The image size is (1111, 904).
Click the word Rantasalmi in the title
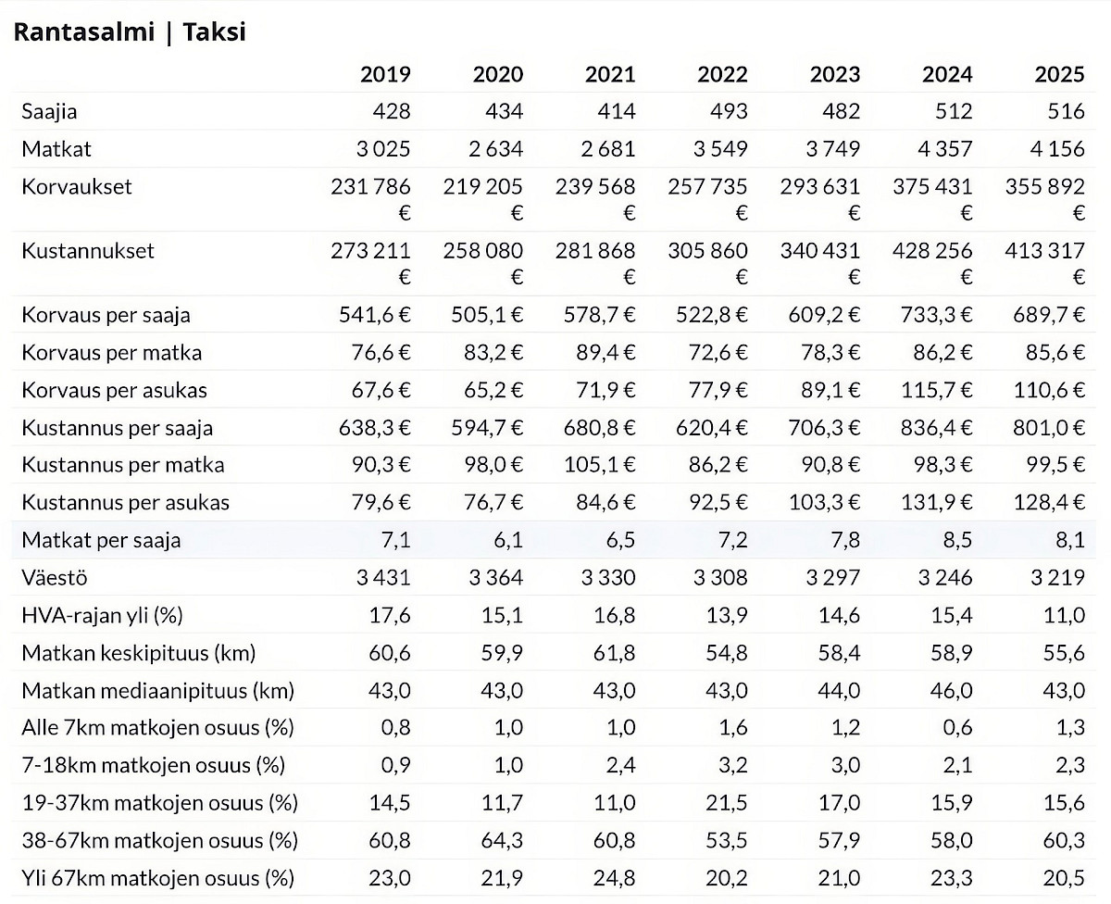(84, 31)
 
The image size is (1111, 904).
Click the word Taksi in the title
(215, 31)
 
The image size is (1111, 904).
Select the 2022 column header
(722, 74)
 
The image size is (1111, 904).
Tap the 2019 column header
(385, 74)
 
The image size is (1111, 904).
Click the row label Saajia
(50, 112)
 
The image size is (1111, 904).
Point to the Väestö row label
(55, 577)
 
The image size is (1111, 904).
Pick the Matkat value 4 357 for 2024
(945, 149)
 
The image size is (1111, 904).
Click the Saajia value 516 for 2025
(1067, 111)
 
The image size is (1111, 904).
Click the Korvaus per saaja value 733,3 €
(936, 315)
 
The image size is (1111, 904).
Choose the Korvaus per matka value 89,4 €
(605, 353)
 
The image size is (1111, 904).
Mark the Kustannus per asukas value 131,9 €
(936, 502)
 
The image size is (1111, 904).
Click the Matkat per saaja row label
(101, 540)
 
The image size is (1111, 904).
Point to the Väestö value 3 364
(495, 577)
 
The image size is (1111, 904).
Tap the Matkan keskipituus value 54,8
(727, 653)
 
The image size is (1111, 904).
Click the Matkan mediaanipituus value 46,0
(952, 690)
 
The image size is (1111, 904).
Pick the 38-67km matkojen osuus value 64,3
(502, 840)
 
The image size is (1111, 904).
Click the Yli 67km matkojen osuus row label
(158, 878)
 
